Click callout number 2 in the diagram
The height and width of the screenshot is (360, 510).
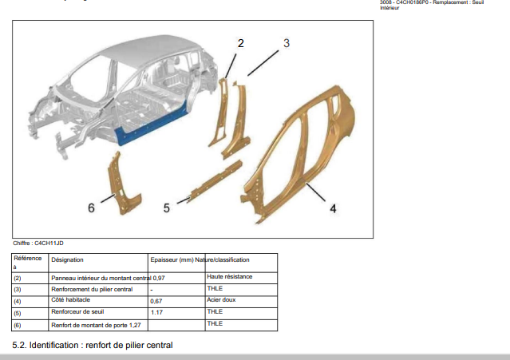(241, 43)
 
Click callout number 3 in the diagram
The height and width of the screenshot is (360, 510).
(287, 43)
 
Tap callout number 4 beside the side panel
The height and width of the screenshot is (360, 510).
(333, 208)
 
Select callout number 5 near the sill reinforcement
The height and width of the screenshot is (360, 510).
(167, 208)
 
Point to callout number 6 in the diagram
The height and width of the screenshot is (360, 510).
(91, 208)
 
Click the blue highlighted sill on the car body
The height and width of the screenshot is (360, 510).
(153, 125)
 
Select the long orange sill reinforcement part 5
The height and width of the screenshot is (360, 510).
(215, 181)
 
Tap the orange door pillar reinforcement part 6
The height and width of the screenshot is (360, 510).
(123, 184)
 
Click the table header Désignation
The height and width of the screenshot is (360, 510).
(67, 260)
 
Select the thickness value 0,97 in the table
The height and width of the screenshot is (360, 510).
(159, 279)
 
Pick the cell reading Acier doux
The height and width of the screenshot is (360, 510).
(221, 300)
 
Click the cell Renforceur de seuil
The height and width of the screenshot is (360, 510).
(77, 312)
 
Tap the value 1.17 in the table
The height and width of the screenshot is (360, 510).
(156, 313)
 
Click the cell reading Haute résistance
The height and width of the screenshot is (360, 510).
(230, 277)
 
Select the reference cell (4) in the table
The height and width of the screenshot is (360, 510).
(18, 302)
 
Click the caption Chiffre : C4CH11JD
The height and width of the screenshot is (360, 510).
(38, 243)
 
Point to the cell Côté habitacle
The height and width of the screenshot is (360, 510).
(70, 300)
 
